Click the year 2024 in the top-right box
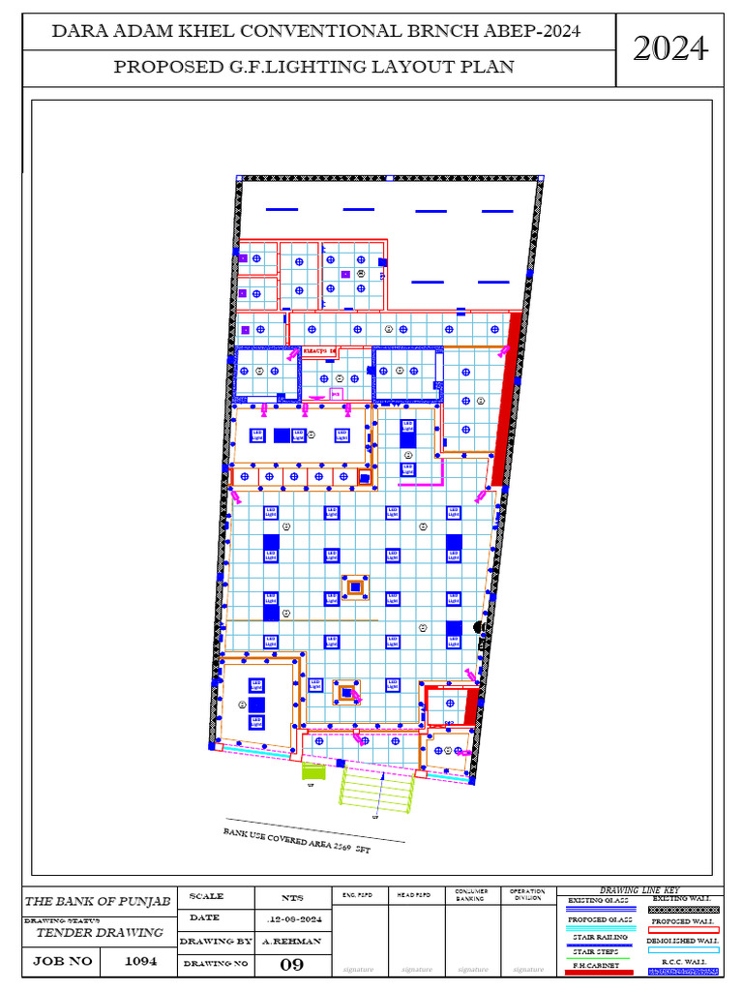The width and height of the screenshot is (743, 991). (x=669, y=47)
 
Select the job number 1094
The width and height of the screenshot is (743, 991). (x=136, y=962)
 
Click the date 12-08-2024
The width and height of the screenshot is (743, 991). (x=291, y=917)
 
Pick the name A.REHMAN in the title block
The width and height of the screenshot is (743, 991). (x=291, y=941)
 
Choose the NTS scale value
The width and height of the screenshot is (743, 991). (x=291, y=898)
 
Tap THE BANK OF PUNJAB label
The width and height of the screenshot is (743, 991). (x=97, y=902)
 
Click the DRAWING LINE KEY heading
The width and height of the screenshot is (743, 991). (x=639, y=890)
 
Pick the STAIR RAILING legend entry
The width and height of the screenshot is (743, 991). (x=600, y=937)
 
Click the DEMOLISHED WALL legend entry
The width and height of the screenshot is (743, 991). (x=682, y=940)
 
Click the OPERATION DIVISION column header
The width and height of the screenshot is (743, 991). (x=527, y=895)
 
